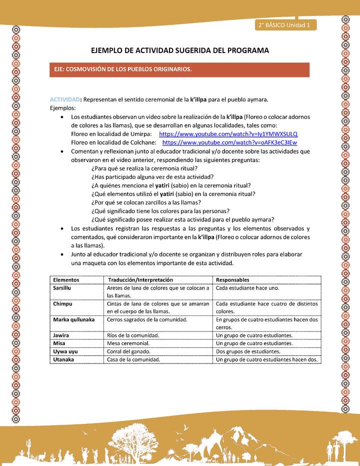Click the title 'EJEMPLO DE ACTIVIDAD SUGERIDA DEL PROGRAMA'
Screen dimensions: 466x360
pyautogui.click(x=180, y=50)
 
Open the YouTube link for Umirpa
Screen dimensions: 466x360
pyautogui.click(x=228, y=134)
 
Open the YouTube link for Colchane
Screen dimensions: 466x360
pyautogui.click(x=229, y=142)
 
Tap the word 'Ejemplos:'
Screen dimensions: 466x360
pyautogui.click(x=63, y=107)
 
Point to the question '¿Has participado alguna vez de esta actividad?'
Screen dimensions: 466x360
pyautogui.click(x=152, y=176)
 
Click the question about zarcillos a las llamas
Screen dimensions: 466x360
pyautogui.click(x=146, y=202)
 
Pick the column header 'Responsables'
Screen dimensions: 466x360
pyautogui.click(x=232, y=280)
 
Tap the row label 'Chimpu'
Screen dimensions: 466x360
pyautogui.click(x=62, y=303)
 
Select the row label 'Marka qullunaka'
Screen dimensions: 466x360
pyautogui.click(x=73, y=319)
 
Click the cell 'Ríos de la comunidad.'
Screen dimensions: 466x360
pyautogui.click(x=133, y=335)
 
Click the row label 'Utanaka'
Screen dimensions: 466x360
pyautogui.click(x=63, y=359)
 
